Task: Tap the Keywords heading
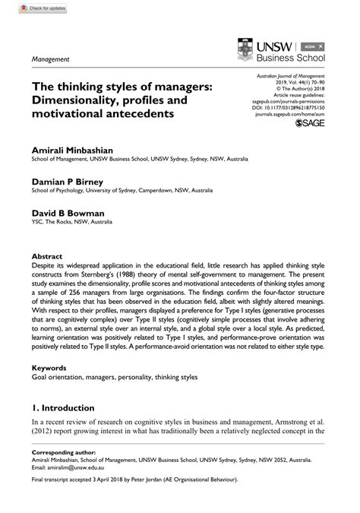pyautogui.click(x=49, y=367)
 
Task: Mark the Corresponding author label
pyautogui.click(x=65, y=451)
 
